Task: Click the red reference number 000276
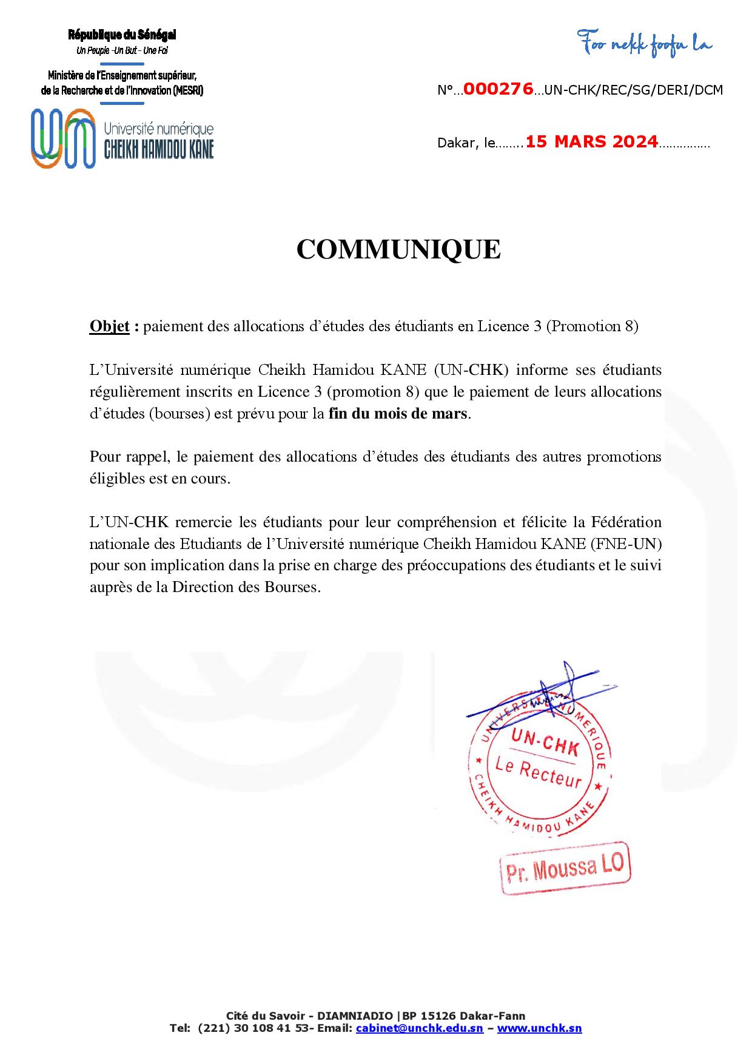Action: pyautogui.click(x=498, y=90)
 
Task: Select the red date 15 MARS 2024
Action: pyautogui.click(x=591, y=142)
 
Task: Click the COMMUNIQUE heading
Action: pyautogui.click(x=398, y=249)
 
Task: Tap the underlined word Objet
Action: pyautogui.click(x=109, y=326)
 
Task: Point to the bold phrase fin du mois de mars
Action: pyautogui.click(x=398, y=414)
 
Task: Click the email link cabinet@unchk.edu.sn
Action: pyautogui.click(x=420, y=1028)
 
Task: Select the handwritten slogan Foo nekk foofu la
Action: pyautogui.click(x=644, y=44)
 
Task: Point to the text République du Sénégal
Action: pyautogui.click(x=122, y=36)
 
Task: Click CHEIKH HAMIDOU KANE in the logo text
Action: pyautogui.click(x=159, y=149)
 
